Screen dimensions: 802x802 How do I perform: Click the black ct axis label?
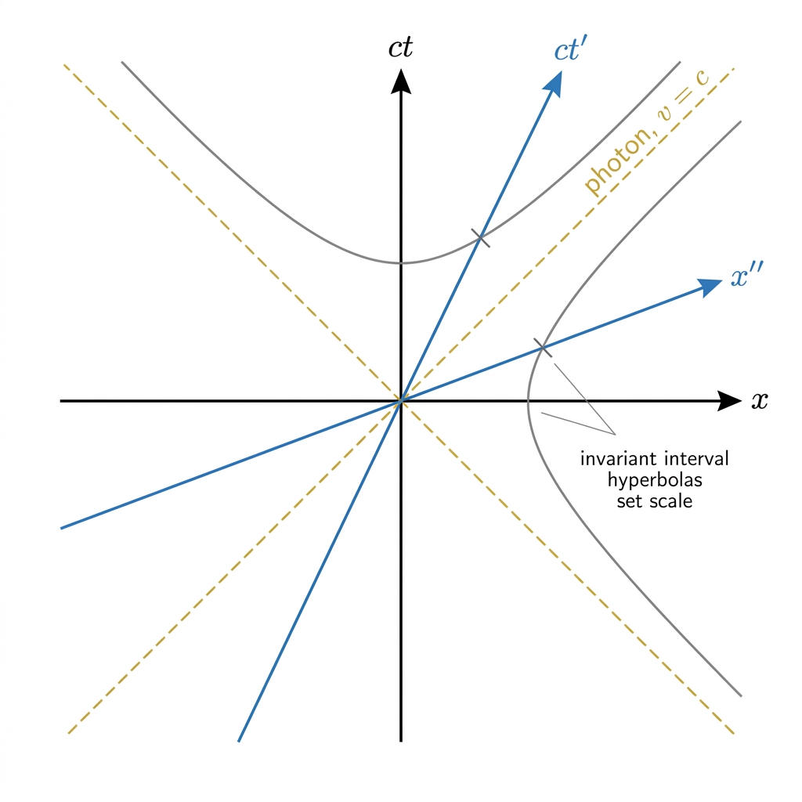point(400,48)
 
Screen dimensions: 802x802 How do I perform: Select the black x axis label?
point(760,400)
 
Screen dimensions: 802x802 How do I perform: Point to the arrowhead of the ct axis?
point(401,81)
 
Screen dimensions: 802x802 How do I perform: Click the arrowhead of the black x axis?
point(729,401)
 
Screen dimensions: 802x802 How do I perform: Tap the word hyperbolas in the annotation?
point(655,480)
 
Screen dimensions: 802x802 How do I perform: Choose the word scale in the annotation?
point(670,501)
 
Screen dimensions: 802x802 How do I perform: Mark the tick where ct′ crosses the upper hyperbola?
point(480,238)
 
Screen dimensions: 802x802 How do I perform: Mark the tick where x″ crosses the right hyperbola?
point(543,348)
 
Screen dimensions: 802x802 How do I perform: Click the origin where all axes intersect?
point(401,401)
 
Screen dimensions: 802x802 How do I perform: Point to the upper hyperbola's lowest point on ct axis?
point(401,263)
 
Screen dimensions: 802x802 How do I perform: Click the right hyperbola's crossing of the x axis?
point(529,401)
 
